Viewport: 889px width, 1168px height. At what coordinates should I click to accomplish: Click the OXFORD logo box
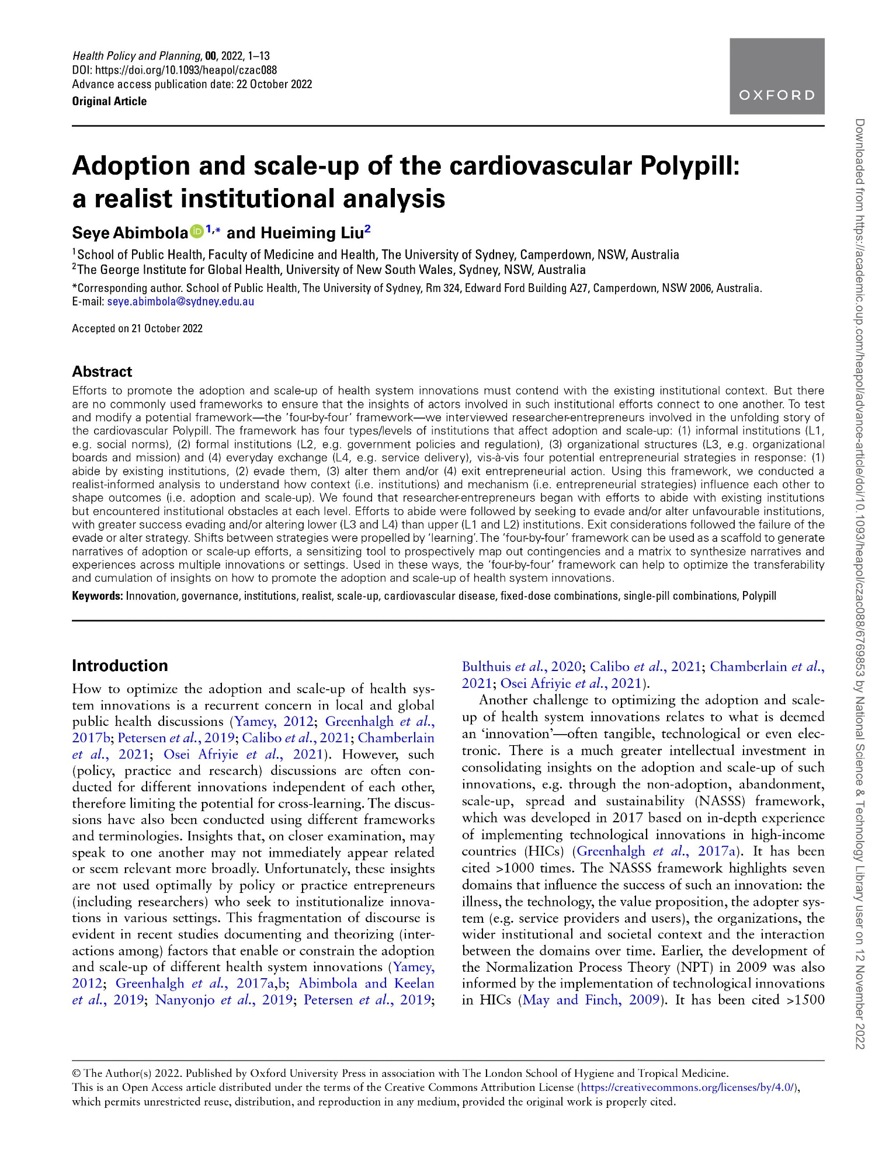[x=776, y=76]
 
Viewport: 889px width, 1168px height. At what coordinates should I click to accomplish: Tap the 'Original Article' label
[x=109, y=101]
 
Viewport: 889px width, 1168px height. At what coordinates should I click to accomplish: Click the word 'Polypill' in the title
[x=690, y=166]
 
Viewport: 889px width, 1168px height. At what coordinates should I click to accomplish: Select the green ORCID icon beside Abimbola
[x=196, y=232]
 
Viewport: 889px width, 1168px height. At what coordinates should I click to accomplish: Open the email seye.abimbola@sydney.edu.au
[x=180, y=302]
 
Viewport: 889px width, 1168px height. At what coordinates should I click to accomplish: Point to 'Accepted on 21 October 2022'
[x=137, y=328]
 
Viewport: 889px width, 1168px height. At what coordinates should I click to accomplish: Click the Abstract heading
[x=102, y=371]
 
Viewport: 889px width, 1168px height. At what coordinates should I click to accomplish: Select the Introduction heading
[x=119, y=666]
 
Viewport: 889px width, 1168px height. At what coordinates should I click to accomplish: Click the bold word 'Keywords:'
[x=98, y=596]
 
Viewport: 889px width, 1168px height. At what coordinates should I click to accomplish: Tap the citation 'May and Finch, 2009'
[x=591, y=1000]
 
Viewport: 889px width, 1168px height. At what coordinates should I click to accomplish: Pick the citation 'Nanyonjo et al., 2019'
[x=224, y=1000]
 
